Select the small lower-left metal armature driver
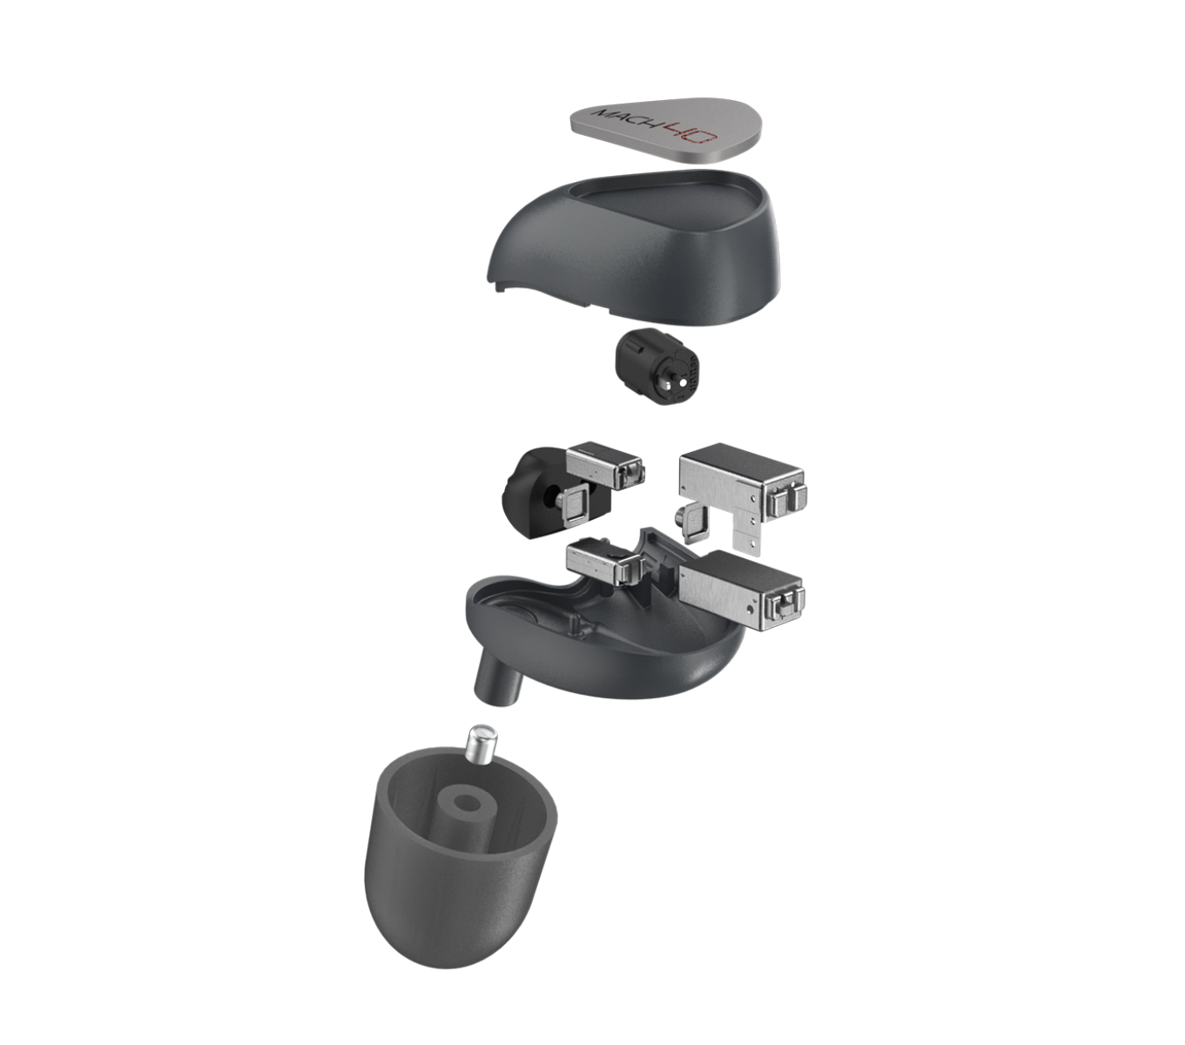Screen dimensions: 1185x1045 pos(606,563)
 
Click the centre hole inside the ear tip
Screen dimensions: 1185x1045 pos(466,805)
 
